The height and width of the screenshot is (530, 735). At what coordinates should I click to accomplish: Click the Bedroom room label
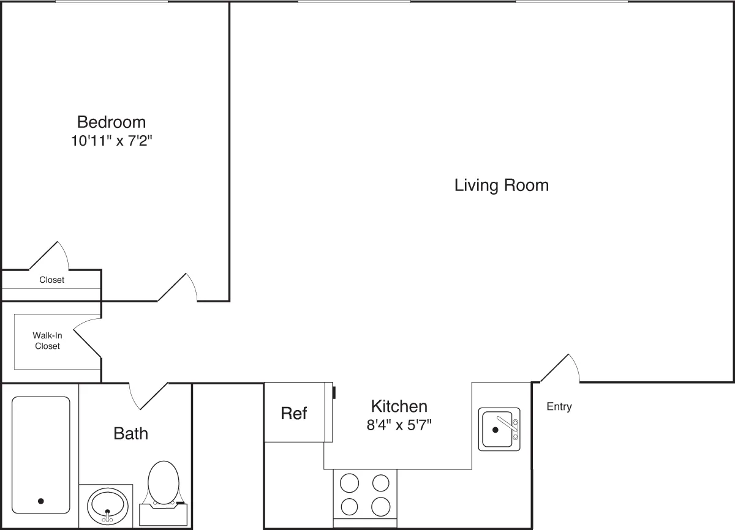(111, 121)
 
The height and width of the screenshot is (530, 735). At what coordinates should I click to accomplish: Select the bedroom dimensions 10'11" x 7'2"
(111, 141)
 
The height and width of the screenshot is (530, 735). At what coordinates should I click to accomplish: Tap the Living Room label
(501, 185)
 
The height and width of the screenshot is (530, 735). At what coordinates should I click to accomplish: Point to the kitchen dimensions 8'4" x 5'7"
(399, 425)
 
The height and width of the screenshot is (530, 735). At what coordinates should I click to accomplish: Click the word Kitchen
(399, 406)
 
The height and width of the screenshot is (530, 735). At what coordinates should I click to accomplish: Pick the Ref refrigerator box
(294, 412)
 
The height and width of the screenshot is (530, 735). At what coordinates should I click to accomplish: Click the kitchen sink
(499, 428)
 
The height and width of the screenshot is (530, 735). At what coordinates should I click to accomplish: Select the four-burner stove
(365, 495)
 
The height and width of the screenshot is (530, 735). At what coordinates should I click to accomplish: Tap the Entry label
(559, 406)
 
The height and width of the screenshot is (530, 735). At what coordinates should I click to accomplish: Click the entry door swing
(560, 369)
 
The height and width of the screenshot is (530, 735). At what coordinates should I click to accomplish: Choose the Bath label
(131, 433)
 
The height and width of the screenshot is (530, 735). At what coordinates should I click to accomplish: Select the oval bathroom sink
(108, 506)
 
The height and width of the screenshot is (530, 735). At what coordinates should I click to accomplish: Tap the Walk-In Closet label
(47, 341)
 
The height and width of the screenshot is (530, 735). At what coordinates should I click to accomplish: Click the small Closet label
(51, 280)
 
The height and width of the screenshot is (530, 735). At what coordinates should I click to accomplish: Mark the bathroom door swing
(147, 395)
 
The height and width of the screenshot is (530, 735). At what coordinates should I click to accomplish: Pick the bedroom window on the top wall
(111, 2)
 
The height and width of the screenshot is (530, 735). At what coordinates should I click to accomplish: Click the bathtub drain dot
(41, 501)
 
